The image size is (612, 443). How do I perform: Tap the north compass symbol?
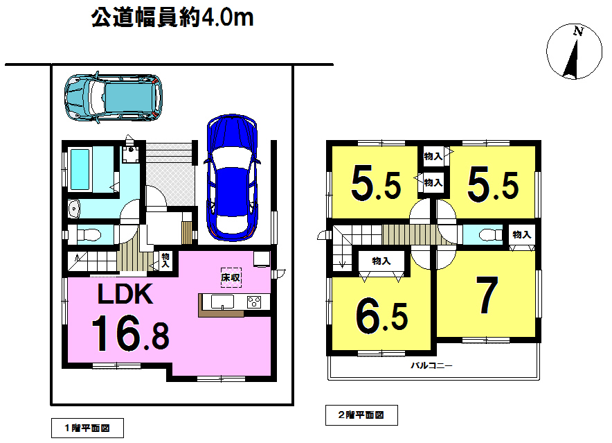pyautogui.click(x=574, y=51)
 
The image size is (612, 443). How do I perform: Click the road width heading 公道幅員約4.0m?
pyautogui.click(x=172, y=18)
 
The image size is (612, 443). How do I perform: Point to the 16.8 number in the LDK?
pyautogui.click(x=130, y=333)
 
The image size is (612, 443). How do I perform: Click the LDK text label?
pyautogui.click(x=125, y=294)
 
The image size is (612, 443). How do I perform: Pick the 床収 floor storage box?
pyautogui.click(x=231, y=277)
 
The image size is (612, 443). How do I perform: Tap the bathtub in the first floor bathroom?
pyautogui.click(x=80, y=169)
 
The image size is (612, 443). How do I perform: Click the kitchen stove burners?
pyautogui.click(x=253, y=302)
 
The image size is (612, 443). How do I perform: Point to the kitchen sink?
pyautogui.click(x=222, y=302)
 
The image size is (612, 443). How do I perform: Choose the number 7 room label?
pyautogui.click(x=487, y=295)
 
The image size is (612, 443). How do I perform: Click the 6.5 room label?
pyautogui.click(x=381, y=318)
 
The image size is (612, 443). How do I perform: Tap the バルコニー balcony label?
pyautogui.click(x=432, y=366)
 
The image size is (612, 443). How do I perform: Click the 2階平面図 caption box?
pyautogui.click(x=361, y=415)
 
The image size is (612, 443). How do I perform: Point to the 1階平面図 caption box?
pyautogui.click(x=87, y=428)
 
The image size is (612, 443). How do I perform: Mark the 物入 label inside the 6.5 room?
pyautogui.click(x=381, y=261)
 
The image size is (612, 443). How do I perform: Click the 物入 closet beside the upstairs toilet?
pyautogui.click(x=522, y=234)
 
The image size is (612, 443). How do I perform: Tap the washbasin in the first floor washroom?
pyautogui.click(x=74, y=209)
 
